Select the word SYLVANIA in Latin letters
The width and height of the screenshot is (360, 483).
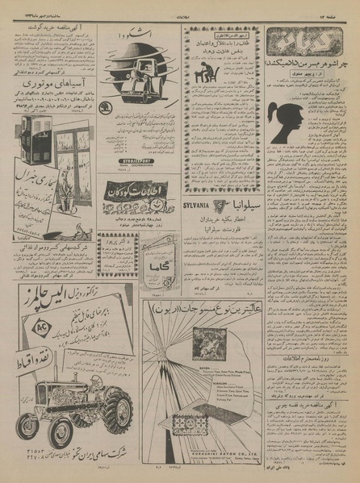tap(203, 206)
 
